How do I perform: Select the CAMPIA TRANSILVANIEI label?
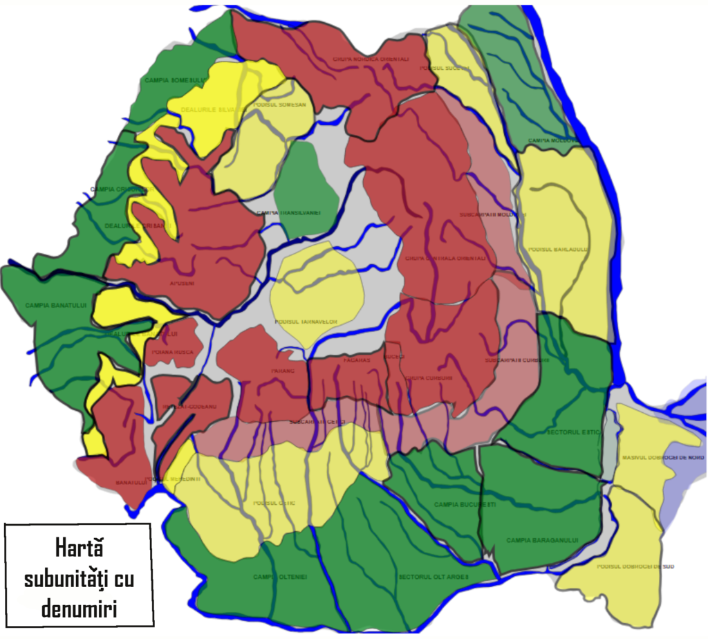[288, 213]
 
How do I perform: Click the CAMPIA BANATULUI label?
[53, 305]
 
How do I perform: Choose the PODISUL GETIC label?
[274, 503]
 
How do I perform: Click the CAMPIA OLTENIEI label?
[279, 577]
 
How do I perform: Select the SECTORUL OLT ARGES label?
[434, 577]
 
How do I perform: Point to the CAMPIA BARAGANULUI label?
[541, 540]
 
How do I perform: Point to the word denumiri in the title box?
[78, 608]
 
